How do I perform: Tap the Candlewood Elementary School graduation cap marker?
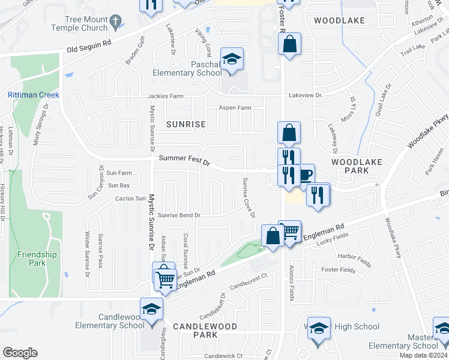point(152,310)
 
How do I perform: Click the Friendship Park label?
point(37,259)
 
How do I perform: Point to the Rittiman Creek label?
point(33,95)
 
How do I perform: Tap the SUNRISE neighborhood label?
point(186,124)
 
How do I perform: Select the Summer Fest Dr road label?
point(185,161)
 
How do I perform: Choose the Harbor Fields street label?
point(355,260)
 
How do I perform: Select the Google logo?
point(20,352)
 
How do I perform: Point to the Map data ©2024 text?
point(423,355)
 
